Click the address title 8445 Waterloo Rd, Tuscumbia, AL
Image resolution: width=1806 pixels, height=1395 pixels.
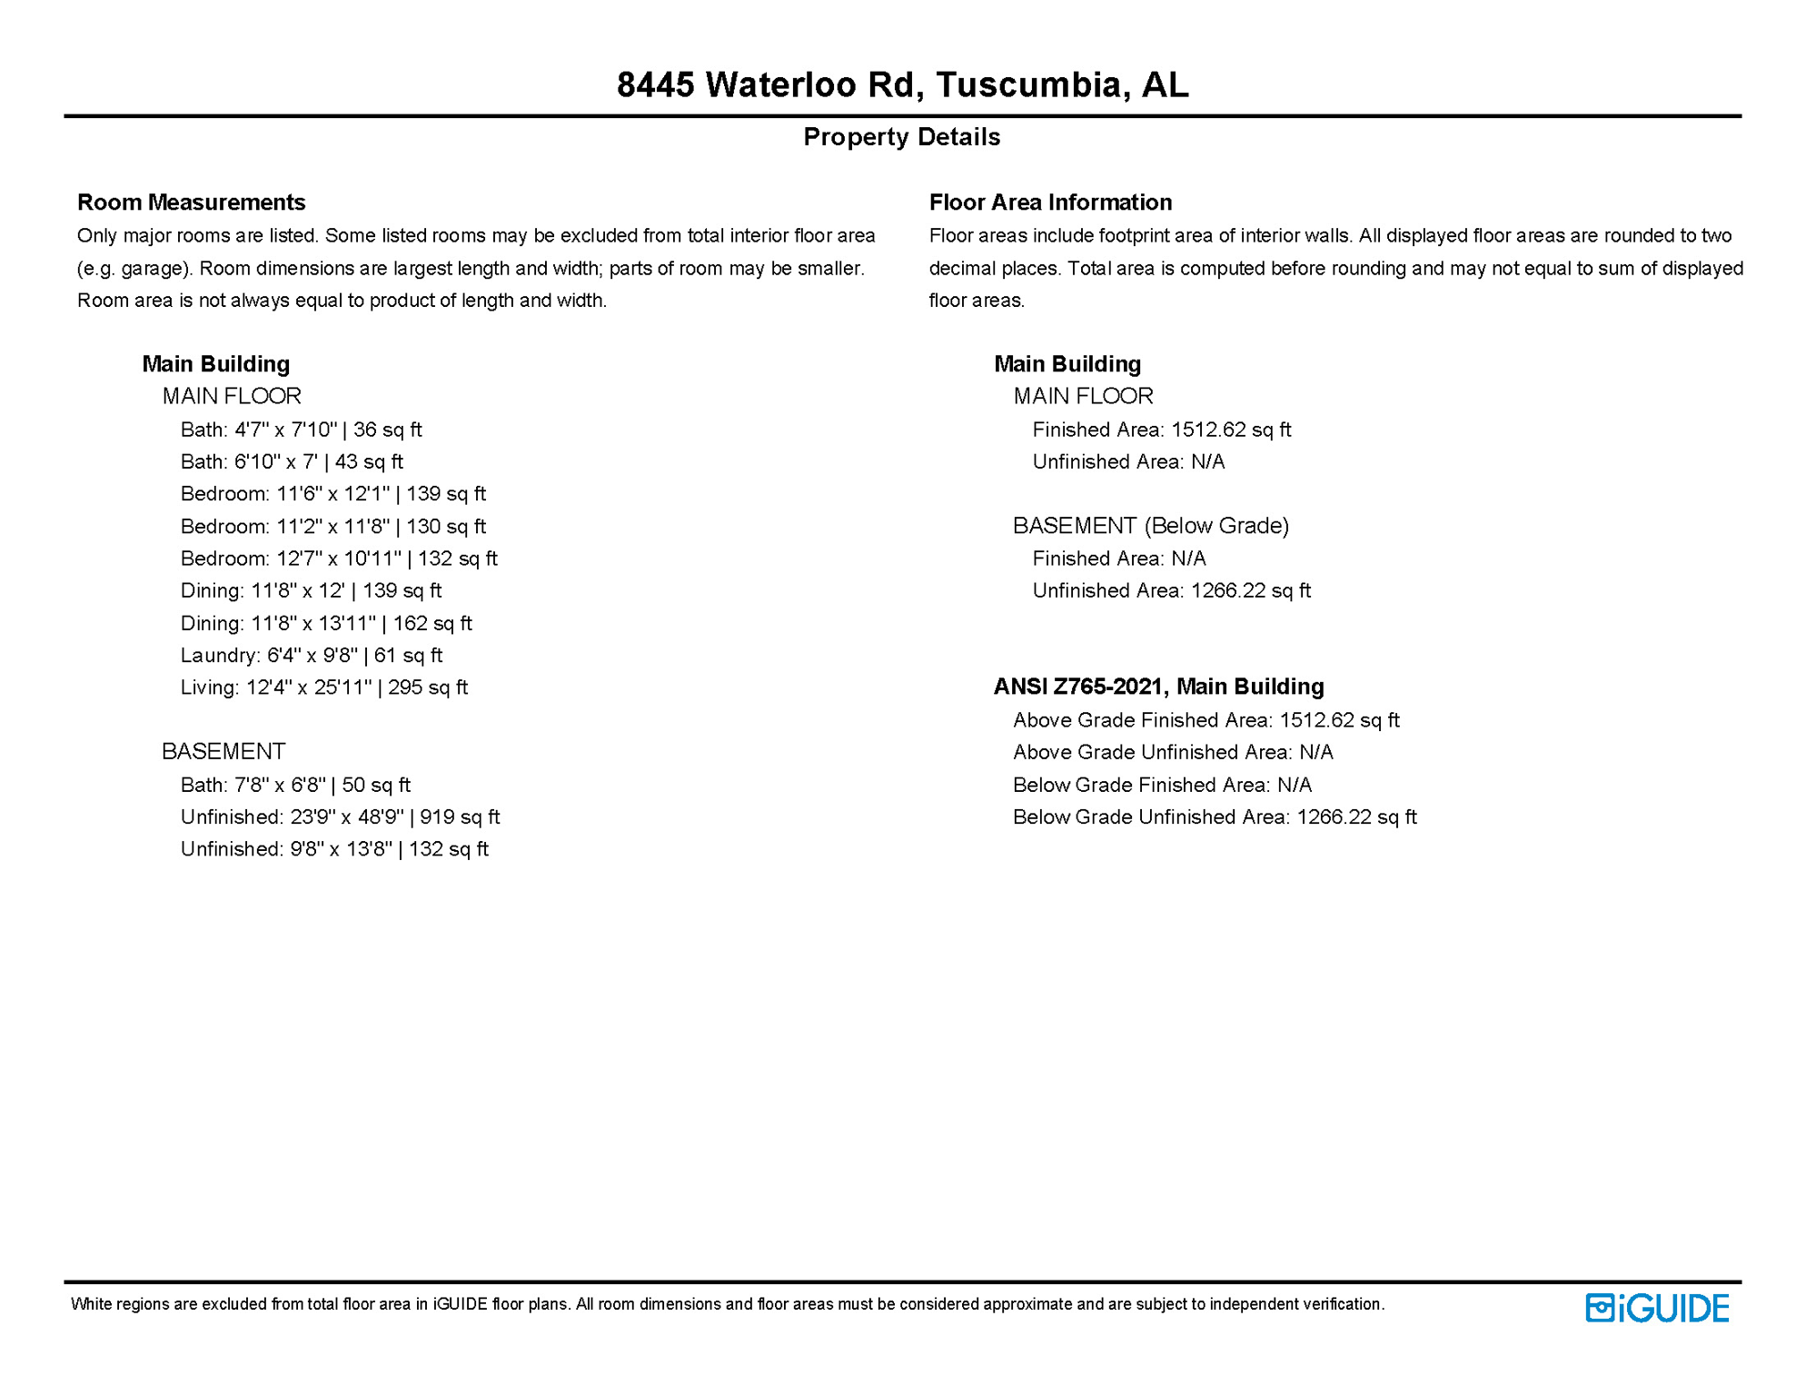click(902, 85)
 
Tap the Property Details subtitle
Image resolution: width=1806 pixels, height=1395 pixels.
click(901, 137)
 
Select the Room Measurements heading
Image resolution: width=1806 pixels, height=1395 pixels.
click(191, 203)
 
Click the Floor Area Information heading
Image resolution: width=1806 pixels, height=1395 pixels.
click(1050, 203)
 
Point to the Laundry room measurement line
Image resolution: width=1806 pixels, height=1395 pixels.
click(311, 655)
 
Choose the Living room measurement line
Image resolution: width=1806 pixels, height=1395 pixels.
click(323, 688)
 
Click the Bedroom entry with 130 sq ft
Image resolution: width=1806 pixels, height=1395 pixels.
click(332, 527)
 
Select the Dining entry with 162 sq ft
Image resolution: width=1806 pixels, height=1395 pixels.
click(326, 623)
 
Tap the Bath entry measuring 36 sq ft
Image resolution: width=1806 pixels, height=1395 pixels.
click(301, 430)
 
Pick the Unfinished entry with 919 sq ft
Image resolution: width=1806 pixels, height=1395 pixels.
click(340, 817)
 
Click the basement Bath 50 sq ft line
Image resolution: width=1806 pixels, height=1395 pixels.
click(295, 785)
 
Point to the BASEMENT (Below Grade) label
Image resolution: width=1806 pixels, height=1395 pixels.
click(1151, 526)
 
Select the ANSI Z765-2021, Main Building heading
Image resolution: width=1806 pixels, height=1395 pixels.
click(1158, 687)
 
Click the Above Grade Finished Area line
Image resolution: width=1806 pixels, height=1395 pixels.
click(1206, 720)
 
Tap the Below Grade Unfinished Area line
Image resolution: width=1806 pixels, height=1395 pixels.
click(1215, 817)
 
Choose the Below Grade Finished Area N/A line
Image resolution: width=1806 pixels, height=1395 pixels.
click(1162, 785)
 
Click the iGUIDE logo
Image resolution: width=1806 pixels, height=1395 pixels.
click(1657, 1309)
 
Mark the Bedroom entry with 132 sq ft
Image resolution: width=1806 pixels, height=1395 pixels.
click(339, 559)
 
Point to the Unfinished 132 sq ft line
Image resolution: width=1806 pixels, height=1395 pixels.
click(334, 849)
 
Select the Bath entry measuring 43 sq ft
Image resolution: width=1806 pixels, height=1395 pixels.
click(292, 462)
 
